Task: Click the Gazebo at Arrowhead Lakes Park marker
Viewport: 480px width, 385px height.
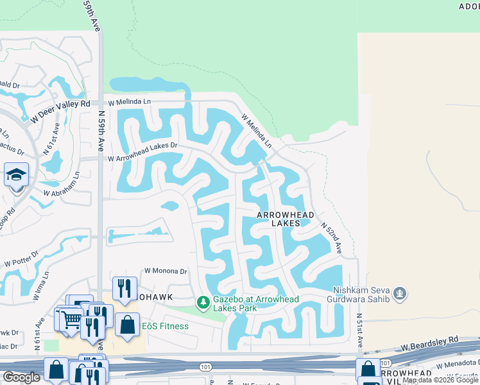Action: point(203,302)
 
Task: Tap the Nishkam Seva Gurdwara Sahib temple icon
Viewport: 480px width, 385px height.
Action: point(401,293)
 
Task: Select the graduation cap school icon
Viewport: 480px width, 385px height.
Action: point(16,174)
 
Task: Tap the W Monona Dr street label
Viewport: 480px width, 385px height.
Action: point(166,271)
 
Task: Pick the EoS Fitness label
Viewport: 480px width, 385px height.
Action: point(165,326)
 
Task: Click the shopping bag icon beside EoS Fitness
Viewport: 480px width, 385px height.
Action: point(128,324)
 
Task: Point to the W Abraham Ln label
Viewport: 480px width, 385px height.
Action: point(61,185)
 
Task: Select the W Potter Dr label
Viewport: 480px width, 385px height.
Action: point(21,259)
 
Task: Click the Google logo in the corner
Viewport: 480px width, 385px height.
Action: point(21,377)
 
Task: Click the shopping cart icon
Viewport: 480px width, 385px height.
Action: point(71,318)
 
